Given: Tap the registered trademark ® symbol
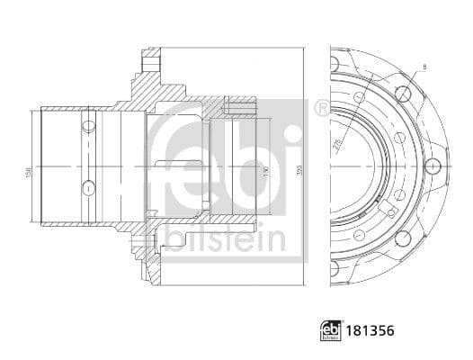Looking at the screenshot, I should [321, 108].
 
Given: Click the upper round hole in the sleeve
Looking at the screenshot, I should [88, 124].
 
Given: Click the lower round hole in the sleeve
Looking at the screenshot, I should [88, 187].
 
